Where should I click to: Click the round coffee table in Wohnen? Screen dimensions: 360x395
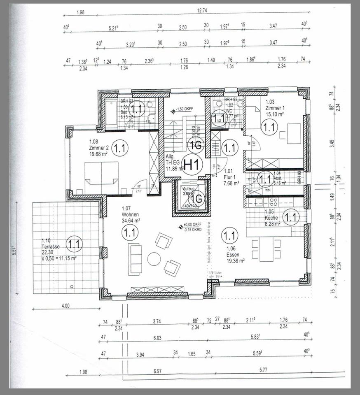point(154,259)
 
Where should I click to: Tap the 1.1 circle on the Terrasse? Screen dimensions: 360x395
point(74,244)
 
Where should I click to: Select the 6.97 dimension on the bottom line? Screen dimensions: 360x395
point(157,371)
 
